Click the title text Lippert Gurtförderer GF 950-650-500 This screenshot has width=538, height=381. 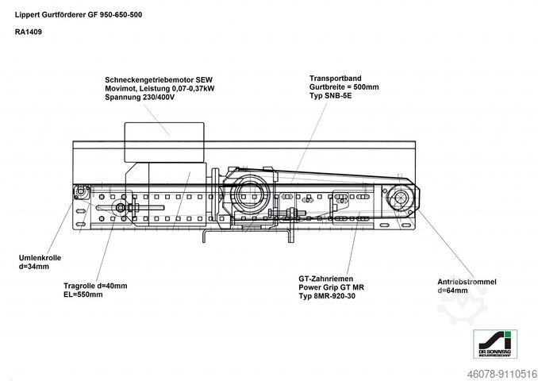click(79, 15)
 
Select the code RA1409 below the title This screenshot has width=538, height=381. click(29, 32)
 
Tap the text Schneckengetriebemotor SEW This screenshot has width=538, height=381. click(159, 80)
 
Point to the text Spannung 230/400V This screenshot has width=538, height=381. click(140, 97)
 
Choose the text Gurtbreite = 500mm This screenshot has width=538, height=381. click(344, 87)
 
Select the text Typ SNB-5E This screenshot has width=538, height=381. click(330, 95)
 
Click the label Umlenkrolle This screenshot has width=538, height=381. click(40, 258)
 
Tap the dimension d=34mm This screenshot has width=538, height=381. click(34, 267)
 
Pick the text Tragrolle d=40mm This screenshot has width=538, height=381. click(95, 286)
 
